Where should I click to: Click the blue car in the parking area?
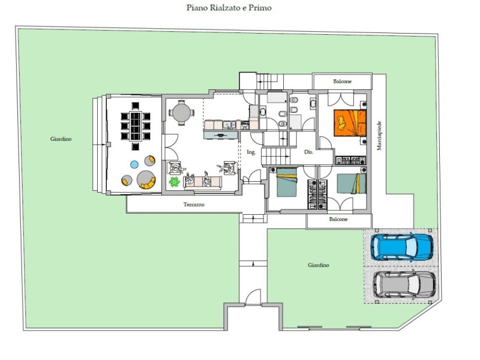point(402,247)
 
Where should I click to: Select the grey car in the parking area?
point(404,284)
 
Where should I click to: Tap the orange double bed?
point(350,123)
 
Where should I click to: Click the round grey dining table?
point(181,113)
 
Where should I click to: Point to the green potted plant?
point(174,182)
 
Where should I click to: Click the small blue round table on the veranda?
point(134,164)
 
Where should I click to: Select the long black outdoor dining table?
point(136,126)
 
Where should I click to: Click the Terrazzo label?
point(194,205)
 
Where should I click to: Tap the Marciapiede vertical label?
point(379,136)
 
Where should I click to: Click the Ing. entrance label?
point(251,152)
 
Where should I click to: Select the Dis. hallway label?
point(308,152)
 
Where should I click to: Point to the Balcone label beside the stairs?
point(342,82)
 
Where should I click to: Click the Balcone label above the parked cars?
point(338,219)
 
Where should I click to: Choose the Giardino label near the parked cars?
point(319,265)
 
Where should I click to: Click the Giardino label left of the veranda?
point(61,139)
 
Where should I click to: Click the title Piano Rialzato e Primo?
point(229,8)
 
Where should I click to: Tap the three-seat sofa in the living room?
point(202,182)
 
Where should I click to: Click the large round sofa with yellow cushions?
point(146,179)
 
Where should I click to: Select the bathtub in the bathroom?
point(277,97)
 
